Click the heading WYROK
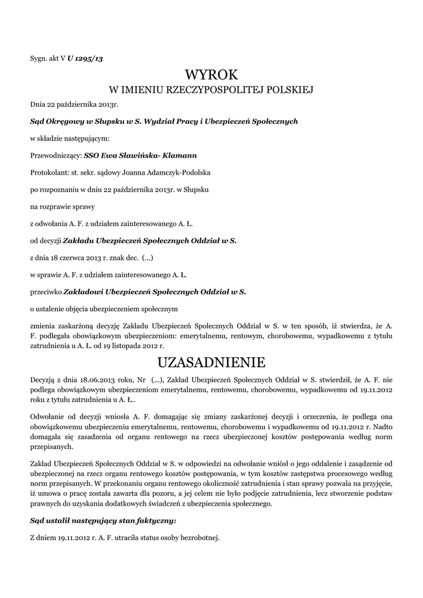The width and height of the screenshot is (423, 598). coord(211,75)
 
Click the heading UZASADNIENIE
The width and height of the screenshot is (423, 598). coord(211,363)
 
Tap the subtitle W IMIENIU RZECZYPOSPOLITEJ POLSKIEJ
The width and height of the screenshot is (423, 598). coord(212,91)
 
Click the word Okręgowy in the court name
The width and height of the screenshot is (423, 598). coord(65,121)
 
